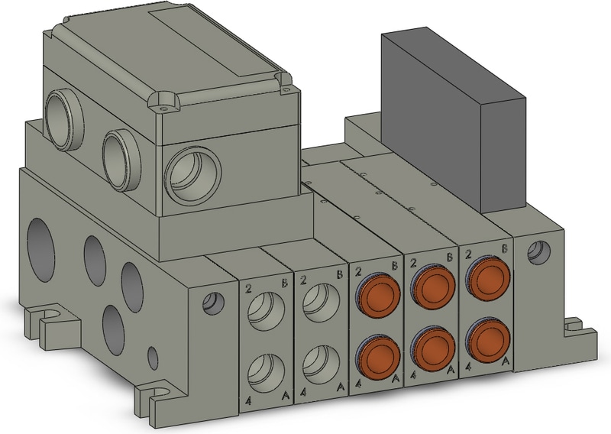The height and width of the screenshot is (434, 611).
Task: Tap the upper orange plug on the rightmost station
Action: [x=489, y=278]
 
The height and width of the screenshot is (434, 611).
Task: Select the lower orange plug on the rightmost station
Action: [x=489, y=338]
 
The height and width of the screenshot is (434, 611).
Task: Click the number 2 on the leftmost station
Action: [x=249, y=289]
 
